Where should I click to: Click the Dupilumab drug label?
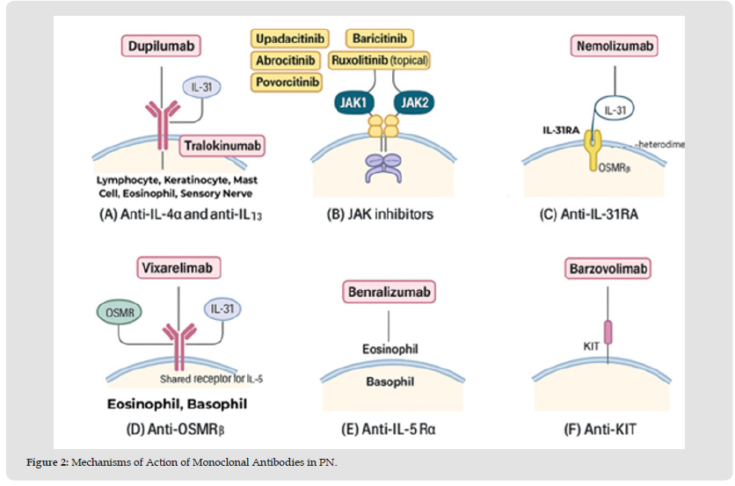pos(159,45)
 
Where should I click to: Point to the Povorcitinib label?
pos(287,83)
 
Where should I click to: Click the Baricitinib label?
pos(381,39)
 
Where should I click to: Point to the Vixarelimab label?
pos(178,267)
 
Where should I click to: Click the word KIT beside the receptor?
pos(592,346)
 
